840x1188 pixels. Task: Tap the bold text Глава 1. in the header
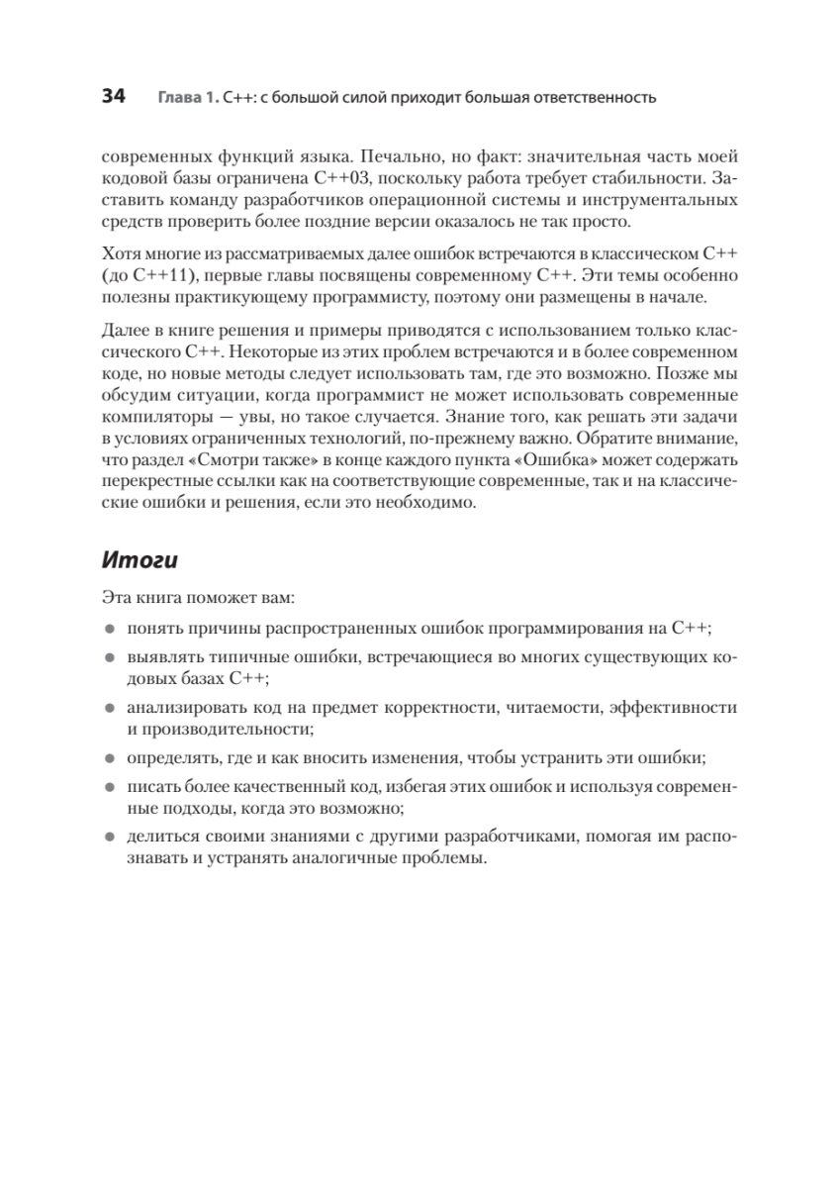click(188, 98)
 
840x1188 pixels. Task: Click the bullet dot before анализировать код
click(108, 708)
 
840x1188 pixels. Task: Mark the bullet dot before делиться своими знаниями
click(108, 837)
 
